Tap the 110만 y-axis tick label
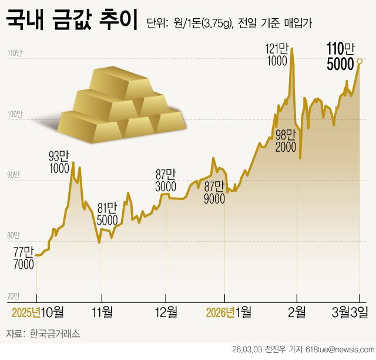pos(14,54)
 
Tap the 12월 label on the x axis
pos(166,311)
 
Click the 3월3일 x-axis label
pos(351,311)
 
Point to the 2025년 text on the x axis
pos(26,311)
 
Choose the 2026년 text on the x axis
pos(220,311)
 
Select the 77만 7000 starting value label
pos(23,259)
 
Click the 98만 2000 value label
pos(286,141)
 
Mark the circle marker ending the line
pos(360,61)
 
